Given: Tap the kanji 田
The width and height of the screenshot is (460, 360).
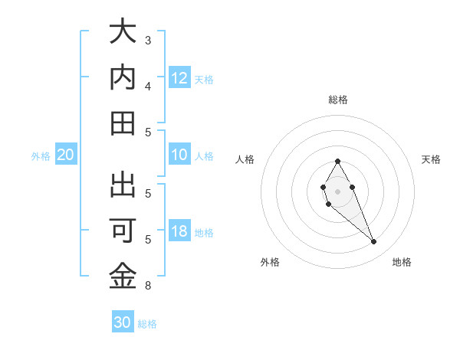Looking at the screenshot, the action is coord(123,123).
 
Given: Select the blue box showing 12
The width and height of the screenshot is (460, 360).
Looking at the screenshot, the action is coord(179,78).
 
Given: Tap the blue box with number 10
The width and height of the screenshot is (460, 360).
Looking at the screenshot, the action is coord(179,155).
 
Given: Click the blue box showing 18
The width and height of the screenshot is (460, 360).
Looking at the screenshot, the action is coord(179,232).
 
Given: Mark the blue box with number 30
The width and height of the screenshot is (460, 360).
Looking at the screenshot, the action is coord(123,322).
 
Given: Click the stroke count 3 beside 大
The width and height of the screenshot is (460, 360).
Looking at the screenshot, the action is coord(148,40).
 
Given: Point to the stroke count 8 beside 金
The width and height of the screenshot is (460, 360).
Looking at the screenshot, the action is coord(148,286).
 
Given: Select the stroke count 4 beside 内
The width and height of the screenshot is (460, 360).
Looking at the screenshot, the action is coord(148,86).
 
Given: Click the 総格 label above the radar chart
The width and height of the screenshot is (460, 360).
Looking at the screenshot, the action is coord(337,100).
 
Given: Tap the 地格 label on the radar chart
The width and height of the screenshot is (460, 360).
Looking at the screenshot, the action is coord(402,262).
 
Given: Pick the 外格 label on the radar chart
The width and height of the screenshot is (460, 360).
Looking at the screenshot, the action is coord(270,262).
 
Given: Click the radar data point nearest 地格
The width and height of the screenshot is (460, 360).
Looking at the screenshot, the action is coord(373,242).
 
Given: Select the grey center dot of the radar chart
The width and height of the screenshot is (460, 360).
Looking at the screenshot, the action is coord(337,191).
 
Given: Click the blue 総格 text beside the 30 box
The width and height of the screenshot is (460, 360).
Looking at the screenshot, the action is coord(147,324).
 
